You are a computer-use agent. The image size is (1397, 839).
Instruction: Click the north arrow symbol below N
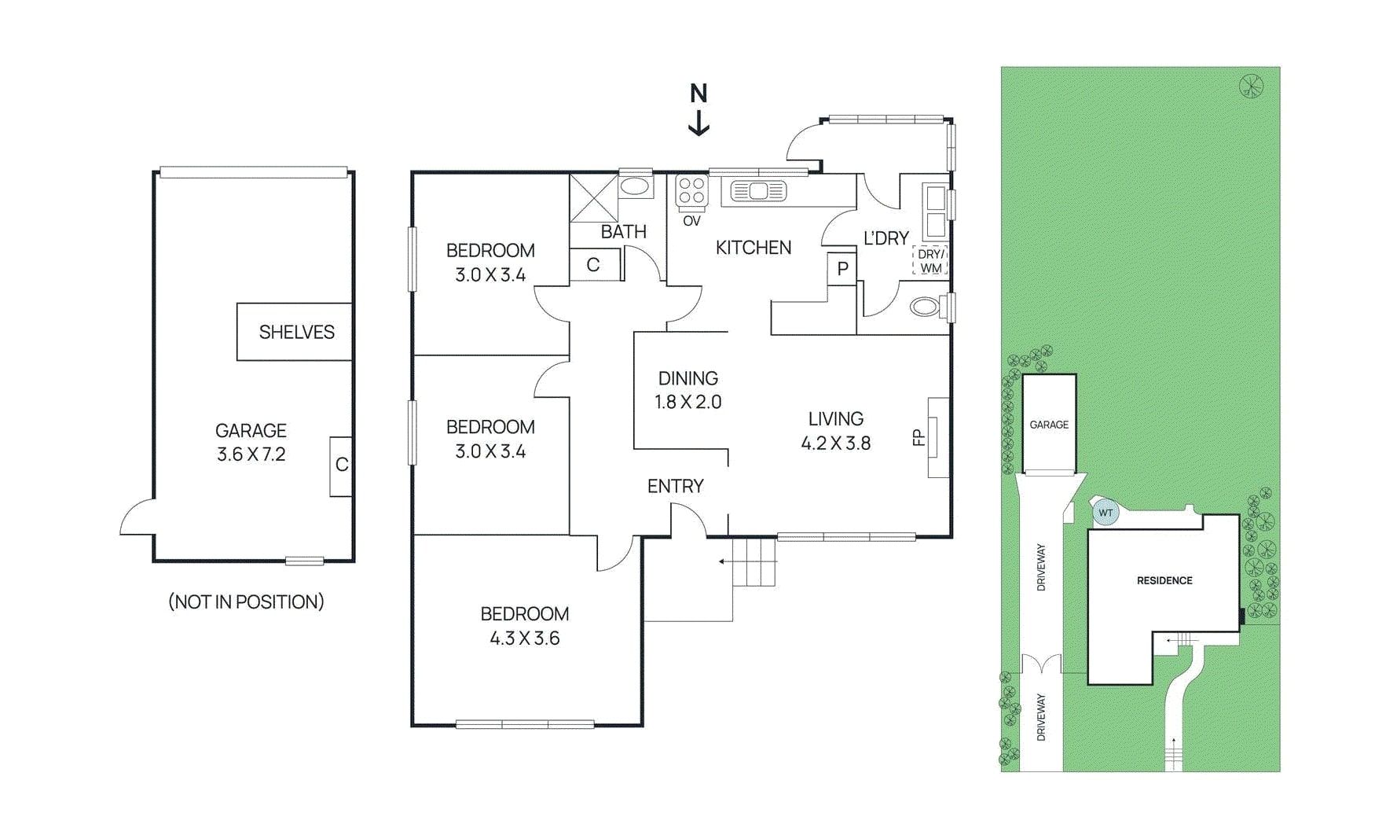tap(698, 123)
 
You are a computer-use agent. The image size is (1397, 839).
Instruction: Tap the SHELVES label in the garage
tap(296, 332)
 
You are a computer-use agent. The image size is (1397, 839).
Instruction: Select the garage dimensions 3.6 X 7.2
tap(251, 454)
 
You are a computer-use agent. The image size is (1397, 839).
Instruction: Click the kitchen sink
tap(758, 191)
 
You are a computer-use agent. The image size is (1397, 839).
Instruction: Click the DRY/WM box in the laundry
tap(930, 261)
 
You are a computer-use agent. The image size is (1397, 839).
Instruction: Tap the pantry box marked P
tap(842, 269)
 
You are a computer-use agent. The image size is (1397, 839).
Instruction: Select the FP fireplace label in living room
tap(918, 437)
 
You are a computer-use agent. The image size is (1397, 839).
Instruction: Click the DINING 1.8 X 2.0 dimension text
tap(687, 402)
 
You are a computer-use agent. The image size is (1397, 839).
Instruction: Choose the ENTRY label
tap(675, 486)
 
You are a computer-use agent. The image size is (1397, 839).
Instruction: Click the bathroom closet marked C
tap(593, 265)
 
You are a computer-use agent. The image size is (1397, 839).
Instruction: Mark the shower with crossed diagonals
tap(593, 198)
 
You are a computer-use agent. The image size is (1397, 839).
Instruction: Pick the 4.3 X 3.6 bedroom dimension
tap(524, 638)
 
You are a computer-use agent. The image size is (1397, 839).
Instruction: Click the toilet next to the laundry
tap(925, 307)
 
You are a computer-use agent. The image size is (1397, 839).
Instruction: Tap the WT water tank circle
tap(1105, 513)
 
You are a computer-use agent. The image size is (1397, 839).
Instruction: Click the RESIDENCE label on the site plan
tap(1164, 580)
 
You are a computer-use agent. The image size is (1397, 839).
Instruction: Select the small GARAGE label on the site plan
tap(1048, 425)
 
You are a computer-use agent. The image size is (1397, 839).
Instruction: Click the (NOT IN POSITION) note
tap(246, 602)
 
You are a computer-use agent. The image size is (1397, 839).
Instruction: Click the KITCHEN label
tap(753, 248)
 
